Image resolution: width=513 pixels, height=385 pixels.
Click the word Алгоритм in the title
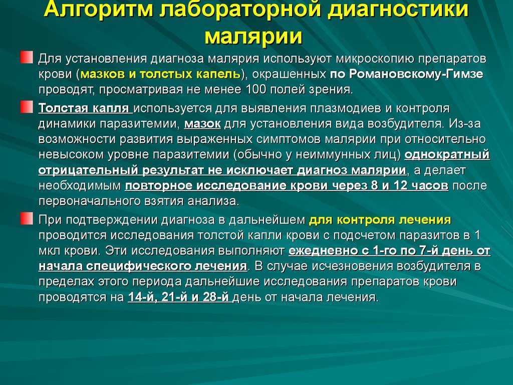(x=99, y=9)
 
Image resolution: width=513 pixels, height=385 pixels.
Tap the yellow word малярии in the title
(x=253, y=36)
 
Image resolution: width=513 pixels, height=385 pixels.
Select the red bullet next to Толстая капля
(x=27, y=107)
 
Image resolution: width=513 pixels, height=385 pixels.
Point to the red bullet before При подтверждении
(x=27, y=219)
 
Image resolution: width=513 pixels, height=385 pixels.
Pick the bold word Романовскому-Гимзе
(x=416, y=74)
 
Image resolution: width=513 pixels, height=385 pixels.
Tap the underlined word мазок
(x=202, y=124)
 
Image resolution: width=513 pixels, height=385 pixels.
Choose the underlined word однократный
(x=447, y=154)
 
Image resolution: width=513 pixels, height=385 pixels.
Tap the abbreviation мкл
(x=49, y=251)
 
